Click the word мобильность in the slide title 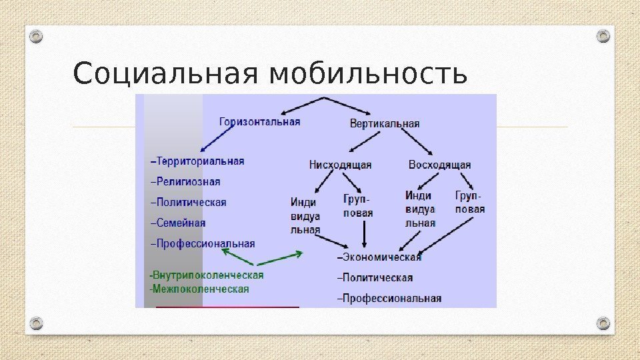367,74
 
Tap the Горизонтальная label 260,122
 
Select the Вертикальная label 385,123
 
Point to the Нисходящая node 340,165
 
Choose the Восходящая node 439,165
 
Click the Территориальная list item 198,161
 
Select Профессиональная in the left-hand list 203,243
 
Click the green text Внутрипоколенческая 207,275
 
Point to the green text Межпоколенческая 199,289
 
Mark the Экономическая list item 380,257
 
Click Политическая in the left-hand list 189,202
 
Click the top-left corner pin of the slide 37,36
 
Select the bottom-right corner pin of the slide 603,323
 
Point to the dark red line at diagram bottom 227,307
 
